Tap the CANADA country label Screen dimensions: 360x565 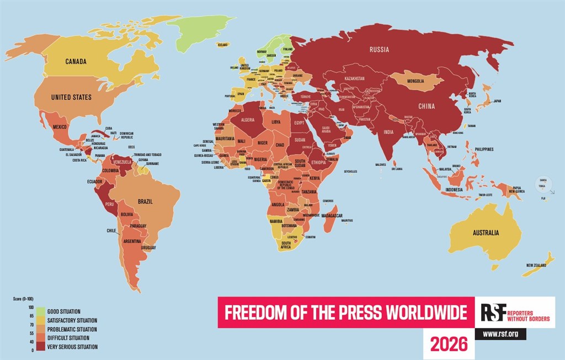(76, 61)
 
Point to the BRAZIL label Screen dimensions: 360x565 (145, 202)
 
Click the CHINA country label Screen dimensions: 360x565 (426, 106)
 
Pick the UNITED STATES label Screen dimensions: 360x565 (71, 97)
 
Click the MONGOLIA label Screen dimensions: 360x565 (414, 81)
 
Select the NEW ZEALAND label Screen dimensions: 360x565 (536, 265)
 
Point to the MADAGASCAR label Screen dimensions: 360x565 (333, 215)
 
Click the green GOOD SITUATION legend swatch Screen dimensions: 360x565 (40, 311)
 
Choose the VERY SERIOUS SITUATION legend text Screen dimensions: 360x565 (72, 347)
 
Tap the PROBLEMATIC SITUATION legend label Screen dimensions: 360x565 (72, 329)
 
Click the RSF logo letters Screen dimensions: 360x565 (489, 312)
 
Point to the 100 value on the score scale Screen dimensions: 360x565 (31, 307)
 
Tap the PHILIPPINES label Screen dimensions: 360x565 (483, 149)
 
